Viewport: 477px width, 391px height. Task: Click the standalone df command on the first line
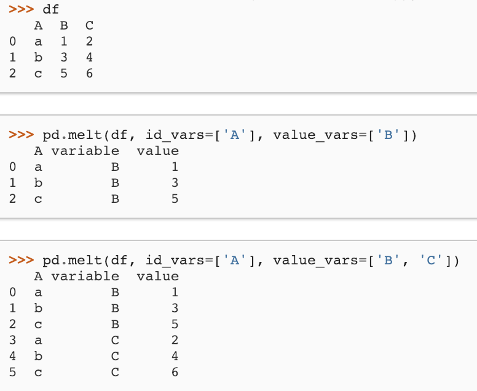[51, 9]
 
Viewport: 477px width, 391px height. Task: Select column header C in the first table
[89, 26]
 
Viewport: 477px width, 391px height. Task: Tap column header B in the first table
[64, 26]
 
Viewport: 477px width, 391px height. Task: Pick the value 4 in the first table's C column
[89, 58]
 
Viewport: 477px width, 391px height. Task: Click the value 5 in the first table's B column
[64, 74]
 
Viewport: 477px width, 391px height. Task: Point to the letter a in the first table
[39, 42]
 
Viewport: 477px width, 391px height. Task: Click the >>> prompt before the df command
[22, 9]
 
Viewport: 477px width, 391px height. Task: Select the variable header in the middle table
[85, 151]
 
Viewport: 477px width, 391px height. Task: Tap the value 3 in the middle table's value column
[175, 183]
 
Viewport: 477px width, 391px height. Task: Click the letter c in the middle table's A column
[39, 199]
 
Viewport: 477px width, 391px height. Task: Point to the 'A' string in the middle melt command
[234, 135]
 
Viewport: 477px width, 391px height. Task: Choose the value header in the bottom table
[157, 276]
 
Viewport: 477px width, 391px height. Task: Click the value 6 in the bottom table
[175, 372]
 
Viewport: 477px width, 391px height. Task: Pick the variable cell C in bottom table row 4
[114, 356]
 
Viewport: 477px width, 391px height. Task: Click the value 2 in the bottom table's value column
[175, 340]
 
